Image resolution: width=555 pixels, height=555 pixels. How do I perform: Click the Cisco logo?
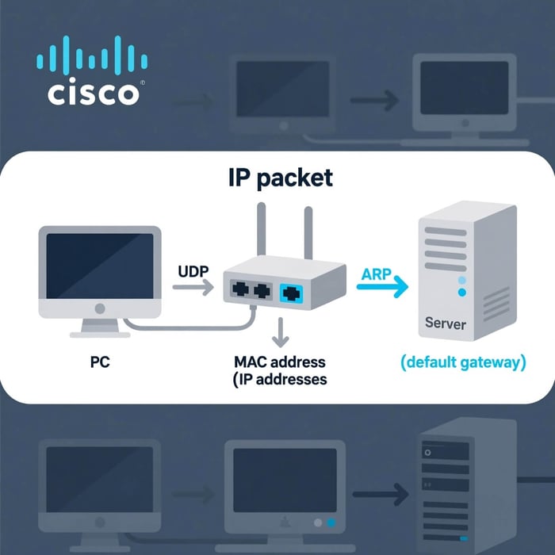(x=92, y=74)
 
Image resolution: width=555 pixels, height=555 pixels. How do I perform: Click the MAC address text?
(x=280, y=362)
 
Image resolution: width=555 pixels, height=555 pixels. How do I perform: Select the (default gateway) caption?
(x=463, y=362)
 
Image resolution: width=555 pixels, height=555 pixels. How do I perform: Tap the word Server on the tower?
(x=446, y=323)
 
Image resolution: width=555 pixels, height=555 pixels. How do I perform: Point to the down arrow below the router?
(x=278, y=333)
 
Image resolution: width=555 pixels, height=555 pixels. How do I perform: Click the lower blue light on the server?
(x=462, y=293)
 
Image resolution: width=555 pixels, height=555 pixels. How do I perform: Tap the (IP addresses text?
(x=279, y=380)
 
